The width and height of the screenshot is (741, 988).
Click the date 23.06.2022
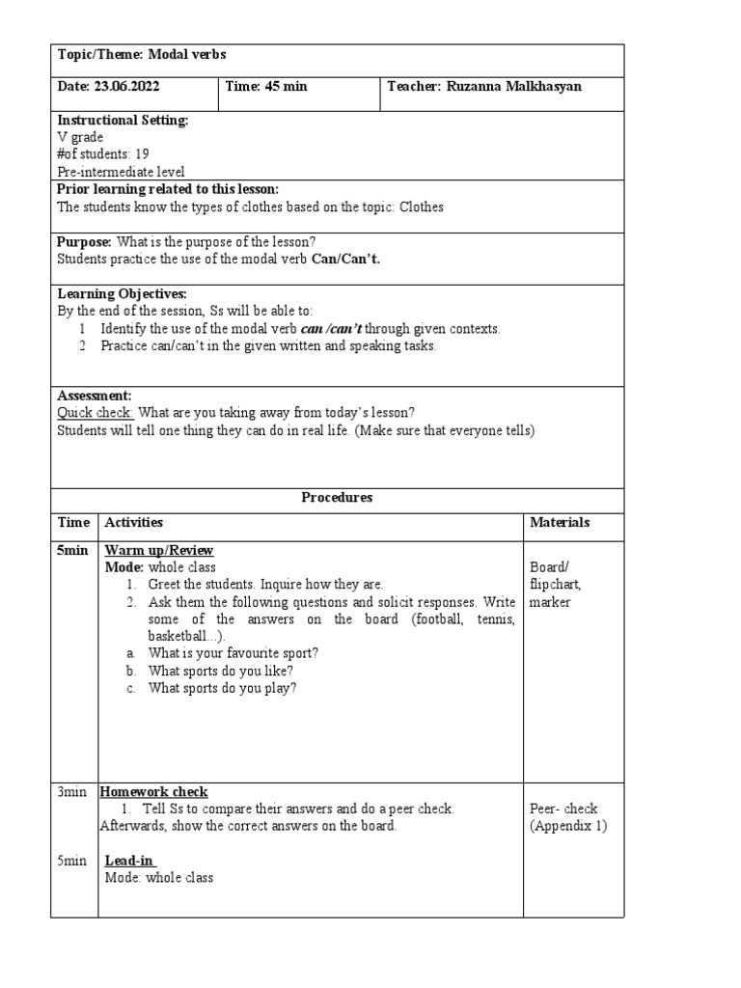(126, 87)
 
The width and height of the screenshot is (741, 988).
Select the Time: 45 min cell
(266, 87)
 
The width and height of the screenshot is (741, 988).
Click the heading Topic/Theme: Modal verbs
(142, 55)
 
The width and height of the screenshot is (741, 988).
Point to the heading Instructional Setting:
(123, 121)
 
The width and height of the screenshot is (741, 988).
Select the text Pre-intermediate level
(122, 172)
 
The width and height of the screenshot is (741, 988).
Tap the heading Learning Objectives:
(123, 293)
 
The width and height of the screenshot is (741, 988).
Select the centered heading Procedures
(337, 498)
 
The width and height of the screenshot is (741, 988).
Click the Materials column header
(560, 523)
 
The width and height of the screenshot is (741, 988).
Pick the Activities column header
(133, 523)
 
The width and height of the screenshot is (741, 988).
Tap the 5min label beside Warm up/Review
(73, 550)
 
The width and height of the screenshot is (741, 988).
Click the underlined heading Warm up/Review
(158, 550)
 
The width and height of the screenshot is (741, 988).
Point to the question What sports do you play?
(223, 688)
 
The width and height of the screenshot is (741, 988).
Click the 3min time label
(73, 792)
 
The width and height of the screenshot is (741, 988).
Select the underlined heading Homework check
(154, 792)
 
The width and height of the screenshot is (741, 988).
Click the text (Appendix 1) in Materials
(568, 827)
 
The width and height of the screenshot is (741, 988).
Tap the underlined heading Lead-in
(130, 861)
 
